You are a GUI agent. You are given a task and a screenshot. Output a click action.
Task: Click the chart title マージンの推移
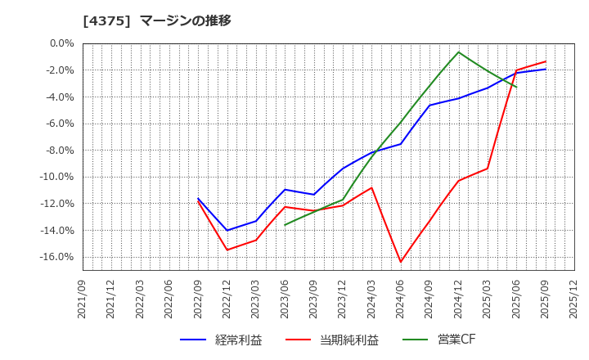click(x=186, y=20)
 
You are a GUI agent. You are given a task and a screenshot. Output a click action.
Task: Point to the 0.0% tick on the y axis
click(x=61, y=43)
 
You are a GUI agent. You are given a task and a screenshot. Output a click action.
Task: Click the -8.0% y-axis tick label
click(x=58, y=151)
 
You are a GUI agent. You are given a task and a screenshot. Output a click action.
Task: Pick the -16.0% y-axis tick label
click(x=56, y=257)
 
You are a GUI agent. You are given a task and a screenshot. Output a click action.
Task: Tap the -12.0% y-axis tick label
click(x=56, y=204)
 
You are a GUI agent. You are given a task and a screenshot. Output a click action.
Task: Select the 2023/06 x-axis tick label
click(x=285, y=299)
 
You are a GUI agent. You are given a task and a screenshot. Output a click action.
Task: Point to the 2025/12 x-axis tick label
click(x=574, y=299)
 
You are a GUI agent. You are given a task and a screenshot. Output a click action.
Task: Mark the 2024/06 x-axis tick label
click(x=401, y=299)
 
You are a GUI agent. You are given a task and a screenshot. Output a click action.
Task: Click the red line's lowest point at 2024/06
click(x=401, y=263)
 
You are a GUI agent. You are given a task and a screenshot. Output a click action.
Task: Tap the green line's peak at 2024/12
click(x=458, y=52)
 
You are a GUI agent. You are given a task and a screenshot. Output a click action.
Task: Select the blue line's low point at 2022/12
click(x=227, y=230)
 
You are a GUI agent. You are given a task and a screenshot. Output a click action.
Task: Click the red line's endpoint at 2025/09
click(x=546, y=61)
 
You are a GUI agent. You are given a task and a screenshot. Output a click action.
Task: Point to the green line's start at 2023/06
click(x=285, y=225)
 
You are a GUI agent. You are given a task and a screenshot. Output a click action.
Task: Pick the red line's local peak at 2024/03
click(x=371, y=187)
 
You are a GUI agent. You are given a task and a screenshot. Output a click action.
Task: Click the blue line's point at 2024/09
click(x=429, y=105)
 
